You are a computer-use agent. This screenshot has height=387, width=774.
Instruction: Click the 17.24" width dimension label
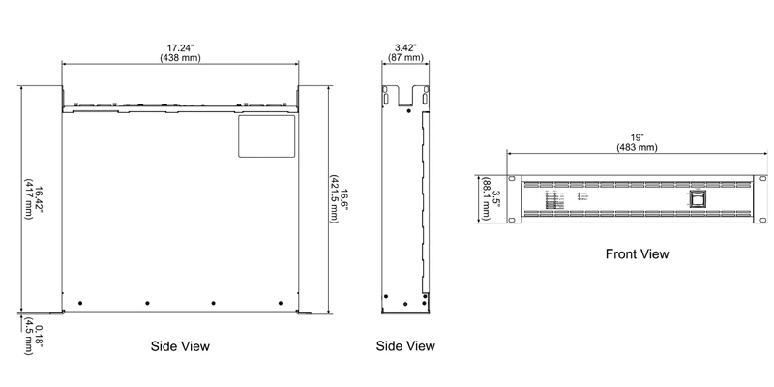point(180,45)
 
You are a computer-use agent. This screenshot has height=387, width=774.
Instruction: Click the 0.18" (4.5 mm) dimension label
point(34,334)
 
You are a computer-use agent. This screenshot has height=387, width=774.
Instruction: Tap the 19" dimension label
point(636,136)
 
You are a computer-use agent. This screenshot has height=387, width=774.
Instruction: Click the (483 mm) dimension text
point(636,148)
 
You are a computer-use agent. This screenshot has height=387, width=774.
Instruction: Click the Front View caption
point(637,254)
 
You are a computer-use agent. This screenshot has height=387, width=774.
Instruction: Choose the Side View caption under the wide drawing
point(180,345)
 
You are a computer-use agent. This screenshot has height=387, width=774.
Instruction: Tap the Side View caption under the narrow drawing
point(405,345)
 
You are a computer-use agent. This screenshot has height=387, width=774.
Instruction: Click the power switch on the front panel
point(699,200)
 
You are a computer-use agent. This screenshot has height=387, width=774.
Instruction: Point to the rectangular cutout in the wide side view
point(267,135)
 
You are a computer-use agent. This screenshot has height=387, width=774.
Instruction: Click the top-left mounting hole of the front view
point(513,180)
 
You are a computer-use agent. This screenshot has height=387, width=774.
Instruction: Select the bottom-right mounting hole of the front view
point(759,220)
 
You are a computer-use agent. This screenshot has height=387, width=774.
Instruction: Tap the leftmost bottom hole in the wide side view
point(80,302)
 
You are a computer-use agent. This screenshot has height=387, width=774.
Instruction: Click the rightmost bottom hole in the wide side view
point(277,302)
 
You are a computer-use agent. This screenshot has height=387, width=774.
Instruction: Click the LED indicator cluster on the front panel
point(556,200)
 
